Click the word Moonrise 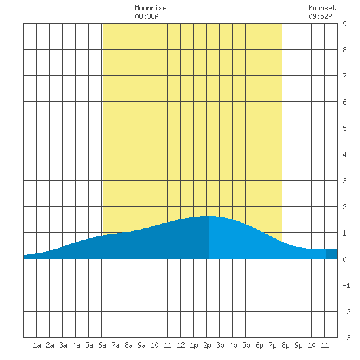click(151, 9)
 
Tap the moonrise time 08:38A click(147, 16)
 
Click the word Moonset click(322, 9)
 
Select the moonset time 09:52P click(320, 16)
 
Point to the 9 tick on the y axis click(344, 24)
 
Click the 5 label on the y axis click(344, 128)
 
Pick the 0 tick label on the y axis click(344, 259)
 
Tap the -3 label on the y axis click(346, 338)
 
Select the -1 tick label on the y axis click(346, 285)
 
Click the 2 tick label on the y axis click(344, 207)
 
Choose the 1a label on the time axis click(37, 345)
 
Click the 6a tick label click(102, 345)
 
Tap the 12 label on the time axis click(181, 345)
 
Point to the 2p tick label click(207, 345)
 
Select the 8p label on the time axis click(285, 345)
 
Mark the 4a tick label click(76, 345)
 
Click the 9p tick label click(298, 345)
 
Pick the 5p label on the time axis click(246, 345)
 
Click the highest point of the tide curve click(208, 216)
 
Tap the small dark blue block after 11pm click(332, 254)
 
